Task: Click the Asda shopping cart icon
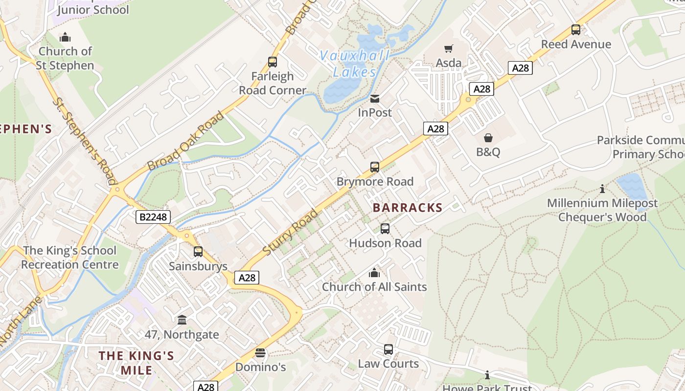[448, 48]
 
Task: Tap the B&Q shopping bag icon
[488, 138]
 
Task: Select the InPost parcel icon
[375, 99]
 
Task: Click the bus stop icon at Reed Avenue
[576, 30]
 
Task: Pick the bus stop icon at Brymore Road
[375, 167]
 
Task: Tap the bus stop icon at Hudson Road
[385, 229]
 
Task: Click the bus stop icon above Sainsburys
[198, 252]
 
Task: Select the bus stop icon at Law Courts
[388, 349]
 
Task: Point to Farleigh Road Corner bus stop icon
[273, 62]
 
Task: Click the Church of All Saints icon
[374, 273]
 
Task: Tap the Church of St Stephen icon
[65, 37]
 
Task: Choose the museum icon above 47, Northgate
[182, 320]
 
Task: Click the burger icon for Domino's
[260, 353]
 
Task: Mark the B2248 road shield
[153, 217]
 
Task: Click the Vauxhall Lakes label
[355, 64]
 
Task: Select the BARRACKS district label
[408, 208]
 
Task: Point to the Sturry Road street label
[291, 232]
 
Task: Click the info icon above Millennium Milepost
[602, 189]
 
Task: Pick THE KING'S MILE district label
[137, 362]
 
